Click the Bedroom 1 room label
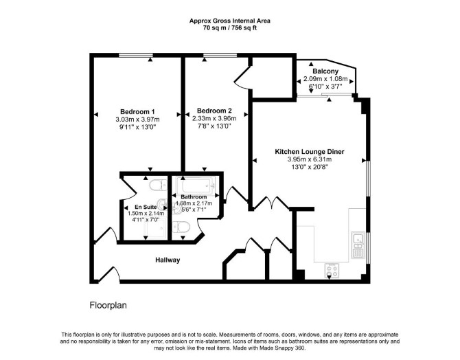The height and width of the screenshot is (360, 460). tap(137, 112)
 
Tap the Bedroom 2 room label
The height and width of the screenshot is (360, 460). tap(214, 111)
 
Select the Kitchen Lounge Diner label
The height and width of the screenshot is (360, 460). tap(310, 152)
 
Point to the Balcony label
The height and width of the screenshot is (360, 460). tap(325, 71)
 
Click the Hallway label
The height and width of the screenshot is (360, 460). tap(168, 260)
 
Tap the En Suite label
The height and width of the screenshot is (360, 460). tap(146, 207)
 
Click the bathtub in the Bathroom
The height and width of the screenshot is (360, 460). tap(196, 185)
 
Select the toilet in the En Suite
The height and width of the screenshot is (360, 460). tap(158, 185)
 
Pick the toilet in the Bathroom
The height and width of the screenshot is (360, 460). tap(181, 227)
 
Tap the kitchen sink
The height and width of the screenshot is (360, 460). tap(358, 245)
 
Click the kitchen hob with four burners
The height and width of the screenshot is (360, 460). tap(332, 271)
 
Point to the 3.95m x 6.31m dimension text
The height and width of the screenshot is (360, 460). tap(310, 159)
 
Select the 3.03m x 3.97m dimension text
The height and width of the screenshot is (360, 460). tap(137, 120)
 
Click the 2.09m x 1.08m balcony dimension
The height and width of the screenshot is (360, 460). tap(325, 79)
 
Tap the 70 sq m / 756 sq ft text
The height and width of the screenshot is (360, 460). tap(230, 28)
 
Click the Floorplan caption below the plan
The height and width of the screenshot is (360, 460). tap(108, 306)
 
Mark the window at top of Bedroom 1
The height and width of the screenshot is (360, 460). tap(136, 55)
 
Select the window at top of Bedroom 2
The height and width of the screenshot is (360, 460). tap(220, 55)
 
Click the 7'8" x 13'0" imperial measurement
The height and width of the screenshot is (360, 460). tap(214, 126)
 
